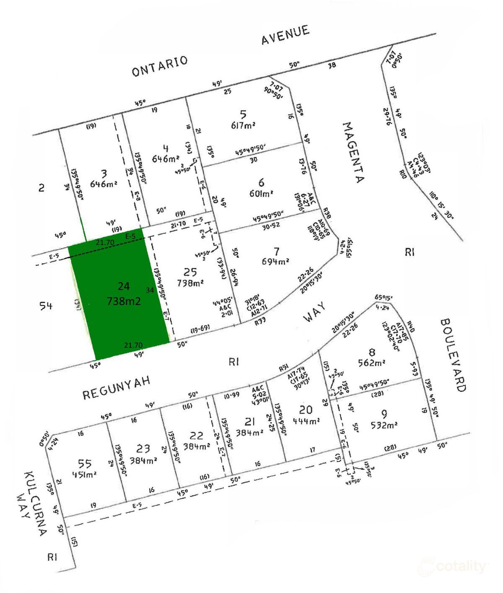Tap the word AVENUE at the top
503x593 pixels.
click(x=285, y=35)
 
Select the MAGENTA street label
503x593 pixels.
click(x=353, y=153)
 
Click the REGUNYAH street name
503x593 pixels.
click(x=116, y=389)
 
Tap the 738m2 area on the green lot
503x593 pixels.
click(x=124, y=301)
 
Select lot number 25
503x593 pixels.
click(x=190, y=273)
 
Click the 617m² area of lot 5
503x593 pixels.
click(x=243, y=125)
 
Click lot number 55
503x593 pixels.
click(x=85, y=464)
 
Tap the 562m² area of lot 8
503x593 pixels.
click(x=372, y=363)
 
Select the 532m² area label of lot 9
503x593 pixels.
click(x=384, y=426)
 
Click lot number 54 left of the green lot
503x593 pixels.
click(x=46, y=306)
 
